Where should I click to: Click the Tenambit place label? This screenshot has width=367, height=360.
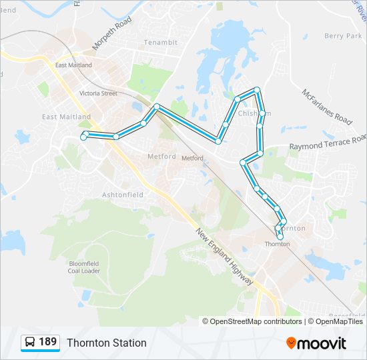[160, 43]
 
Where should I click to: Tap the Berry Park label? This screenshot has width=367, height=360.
[342, 36]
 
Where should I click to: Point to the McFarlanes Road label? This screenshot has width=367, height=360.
[326, 107]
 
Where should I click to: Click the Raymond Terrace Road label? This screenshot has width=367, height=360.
[328, 142]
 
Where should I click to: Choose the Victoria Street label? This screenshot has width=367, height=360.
[98, 93]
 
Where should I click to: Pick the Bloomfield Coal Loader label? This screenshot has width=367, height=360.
[84, 267]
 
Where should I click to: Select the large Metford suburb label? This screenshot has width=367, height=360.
[161, 157]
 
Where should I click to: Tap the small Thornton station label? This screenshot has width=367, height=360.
[277, 244]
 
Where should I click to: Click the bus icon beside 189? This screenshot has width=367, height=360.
[30, 343]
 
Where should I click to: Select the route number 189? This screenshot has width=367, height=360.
[47, 342]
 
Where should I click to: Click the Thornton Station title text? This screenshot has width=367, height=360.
[106, 343]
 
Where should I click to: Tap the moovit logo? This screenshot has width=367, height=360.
[316, 343]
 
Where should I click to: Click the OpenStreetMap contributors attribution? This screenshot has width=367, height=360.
[256, 321]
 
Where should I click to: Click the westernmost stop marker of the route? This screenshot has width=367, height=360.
[83, 137]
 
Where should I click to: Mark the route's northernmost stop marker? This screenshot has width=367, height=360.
[256, 89]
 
